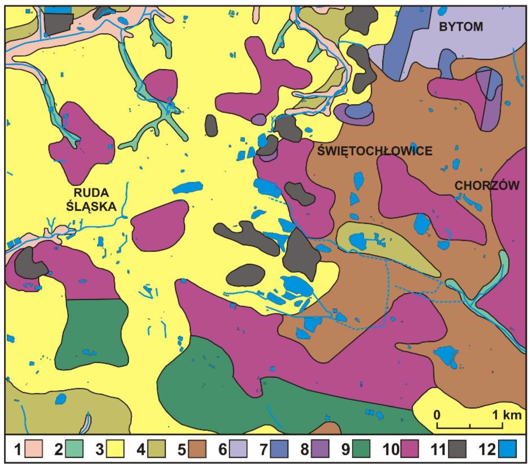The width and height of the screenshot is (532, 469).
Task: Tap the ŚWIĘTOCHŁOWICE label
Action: point(375,151)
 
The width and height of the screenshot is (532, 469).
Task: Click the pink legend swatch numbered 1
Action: point(33,449)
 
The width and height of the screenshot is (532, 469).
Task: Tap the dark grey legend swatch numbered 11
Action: point(457,449)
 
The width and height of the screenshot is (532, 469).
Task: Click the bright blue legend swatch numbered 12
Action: point(507,449)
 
